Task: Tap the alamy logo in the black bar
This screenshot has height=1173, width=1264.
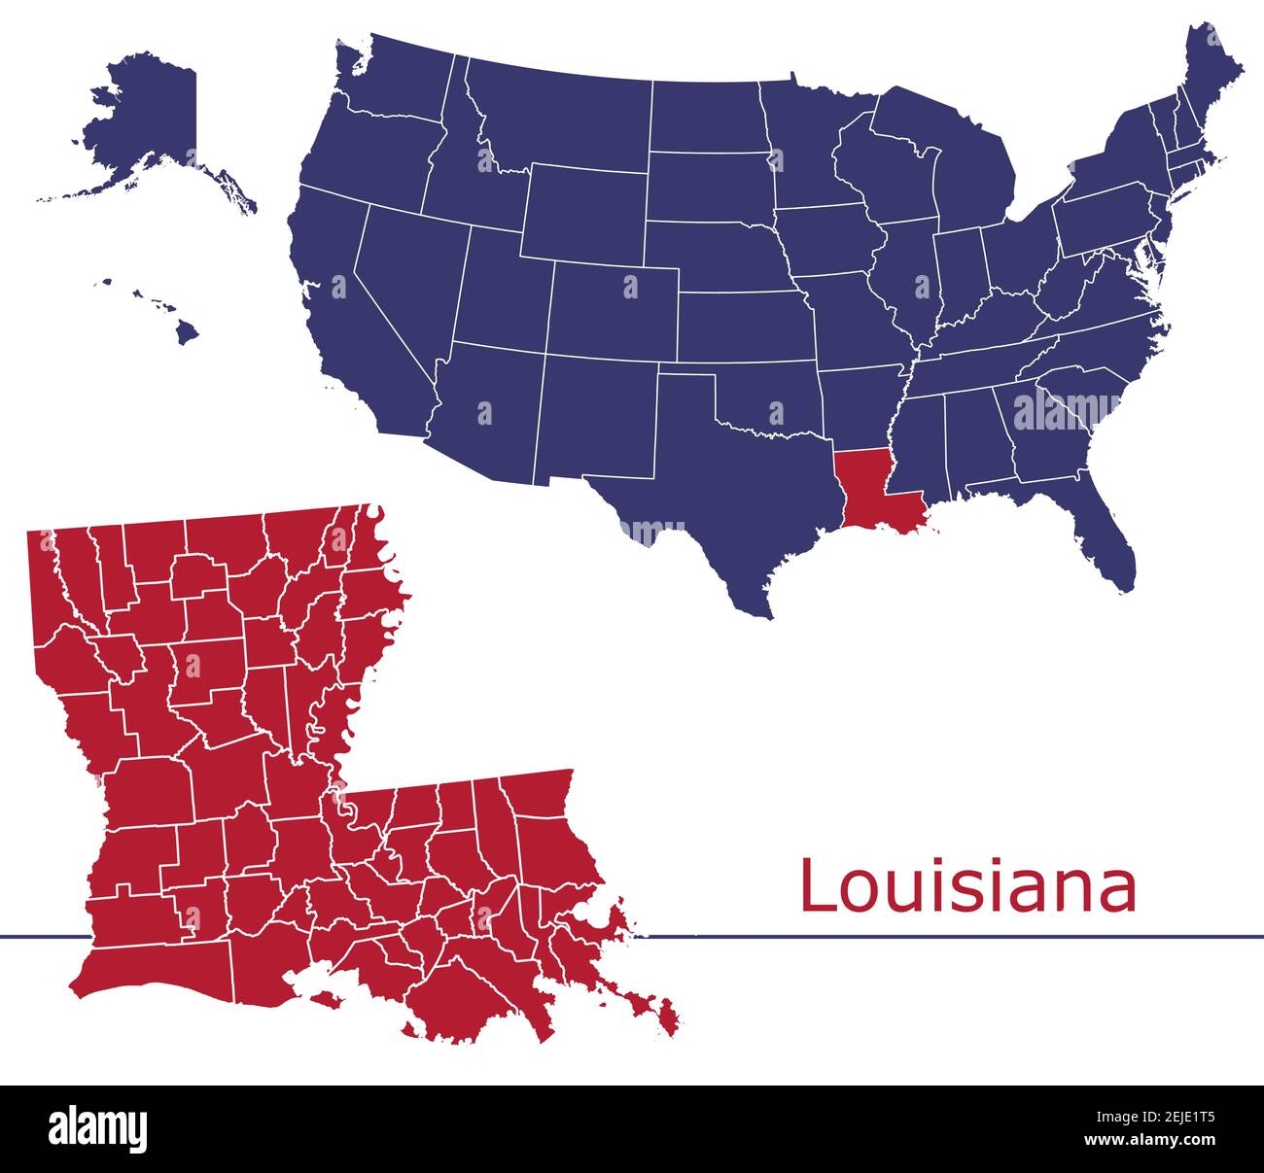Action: [97, 1127]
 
